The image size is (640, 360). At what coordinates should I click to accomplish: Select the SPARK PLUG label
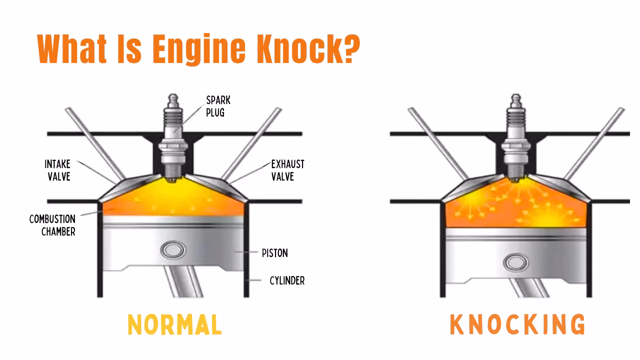click(x=218, y=106)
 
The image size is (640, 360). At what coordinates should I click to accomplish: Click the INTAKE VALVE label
click(x=57, y=170)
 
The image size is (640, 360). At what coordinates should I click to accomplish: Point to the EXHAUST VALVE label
click(x=287, y=170)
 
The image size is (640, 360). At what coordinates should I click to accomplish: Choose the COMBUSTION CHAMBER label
click(x=52, y=225)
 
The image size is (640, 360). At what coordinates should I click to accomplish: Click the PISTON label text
click(x=274, y=253)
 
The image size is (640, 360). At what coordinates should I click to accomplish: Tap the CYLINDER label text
click(x=287, y=281)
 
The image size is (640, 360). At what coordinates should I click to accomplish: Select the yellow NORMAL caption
click(x=174, y=324)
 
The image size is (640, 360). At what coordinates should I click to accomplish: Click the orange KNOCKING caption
click(x=517, y=324)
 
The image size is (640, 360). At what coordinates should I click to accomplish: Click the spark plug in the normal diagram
click(x=172, y=135)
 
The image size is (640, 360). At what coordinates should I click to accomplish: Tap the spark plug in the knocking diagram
click(x=515, y=135)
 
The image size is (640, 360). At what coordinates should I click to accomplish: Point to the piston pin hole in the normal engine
click(x=172, y=250)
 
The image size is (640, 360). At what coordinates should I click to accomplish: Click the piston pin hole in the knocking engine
click(x=515, y=262)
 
